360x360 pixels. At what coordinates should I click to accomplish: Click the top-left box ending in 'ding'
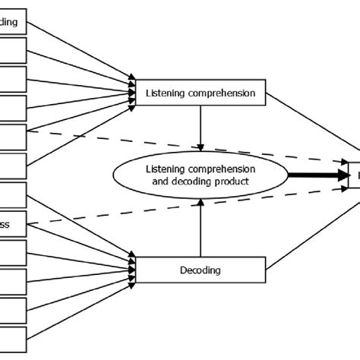(x=13, y=22)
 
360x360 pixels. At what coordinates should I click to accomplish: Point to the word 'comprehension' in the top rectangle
(x=223, y=93)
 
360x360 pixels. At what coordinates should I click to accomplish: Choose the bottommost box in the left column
(x=13, y=339)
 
